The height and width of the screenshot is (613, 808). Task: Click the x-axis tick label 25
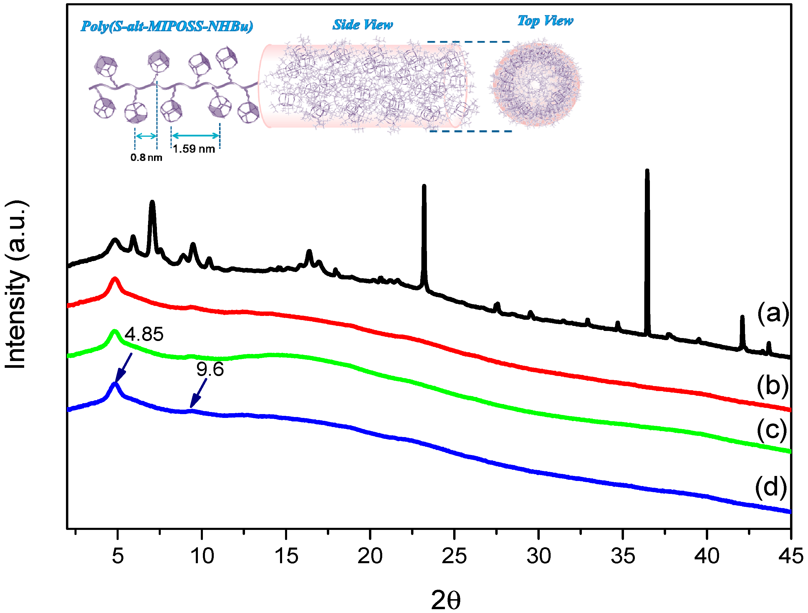click(x=454, y=556)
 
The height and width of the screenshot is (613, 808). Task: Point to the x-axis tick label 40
click(x=706, y=556)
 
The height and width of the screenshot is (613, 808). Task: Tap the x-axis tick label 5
click(x=117, y=556)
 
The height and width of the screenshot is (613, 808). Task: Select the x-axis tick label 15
click(x=286, y=556)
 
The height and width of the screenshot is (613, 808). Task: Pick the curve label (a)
click(x=773, y=314)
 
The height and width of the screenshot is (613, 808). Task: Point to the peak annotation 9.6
click(x=210, y=369)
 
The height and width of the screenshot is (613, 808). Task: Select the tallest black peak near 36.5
click(x=647, y=172)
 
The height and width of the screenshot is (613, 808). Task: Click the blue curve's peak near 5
click(x=115, y=384)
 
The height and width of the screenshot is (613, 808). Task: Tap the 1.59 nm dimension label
click(x=194, y=149)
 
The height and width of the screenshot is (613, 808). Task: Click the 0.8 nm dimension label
click(x=146, y=158)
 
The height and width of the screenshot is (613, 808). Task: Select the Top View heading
click(x=545, y=21)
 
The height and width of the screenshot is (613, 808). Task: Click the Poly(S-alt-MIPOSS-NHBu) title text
click(x=167, y=26)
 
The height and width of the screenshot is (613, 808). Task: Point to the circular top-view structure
click(x=535, y=84)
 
